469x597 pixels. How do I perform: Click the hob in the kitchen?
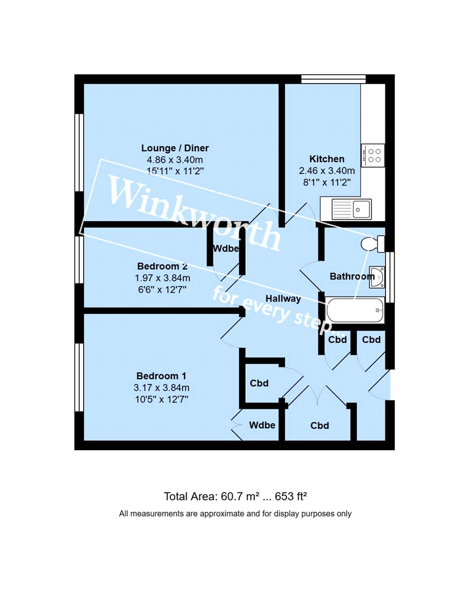point(373,155)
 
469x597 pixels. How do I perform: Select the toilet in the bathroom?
point(373,244)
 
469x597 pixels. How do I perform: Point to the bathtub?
point(355,310)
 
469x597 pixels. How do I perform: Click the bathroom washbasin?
point(377,276)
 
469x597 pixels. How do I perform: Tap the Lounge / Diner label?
point(175,148)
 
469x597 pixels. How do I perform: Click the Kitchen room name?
point(327,159)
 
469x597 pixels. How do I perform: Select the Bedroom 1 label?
point(161,376)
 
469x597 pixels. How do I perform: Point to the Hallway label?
point(283,299)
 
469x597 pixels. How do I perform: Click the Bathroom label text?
point(352,276)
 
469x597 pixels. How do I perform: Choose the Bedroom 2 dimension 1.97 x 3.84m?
point(162,278)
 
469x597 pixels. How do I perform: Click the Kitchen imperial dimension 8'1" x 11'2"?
point(327,183)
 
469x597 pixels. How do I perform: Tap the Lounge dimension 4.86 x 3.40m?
point(175,160)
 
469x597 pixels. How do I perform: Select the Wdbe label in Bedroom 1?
point(262,425)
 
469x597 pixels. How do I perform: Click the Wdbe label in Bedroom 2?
point(226,248)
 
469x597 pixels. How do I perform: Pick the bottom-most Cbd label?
point(320,426)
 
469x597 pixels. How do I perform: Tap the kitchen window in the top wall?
point(334,79)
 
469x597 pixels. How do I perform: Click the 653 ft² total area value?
point(291,496)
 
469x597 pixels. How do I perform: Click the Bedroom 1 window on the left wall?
point(79,378)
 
